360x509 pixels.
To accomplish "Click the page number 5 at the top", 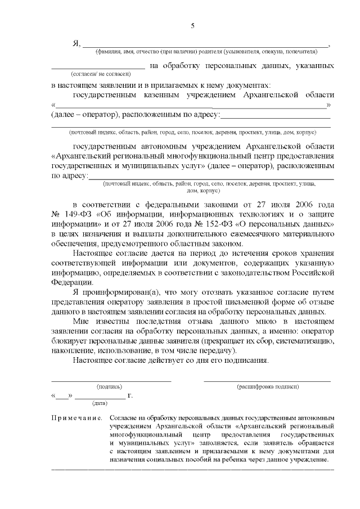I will point(192,26).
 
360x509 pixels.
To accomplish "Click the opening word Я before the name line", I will point(76,43).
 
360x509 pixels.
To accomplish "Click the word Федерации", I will point(71,282).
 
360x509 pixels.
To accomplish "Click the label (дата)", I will point(100,403).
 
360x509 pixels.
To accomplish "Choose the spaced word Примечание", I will point(76,419).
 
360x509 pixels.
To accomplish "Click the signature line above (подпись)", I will point(111,381).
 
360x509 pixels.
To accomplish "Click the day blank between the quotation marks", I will point(62,395).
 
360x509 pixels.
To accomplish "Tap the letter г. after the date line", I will point(130,395).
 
